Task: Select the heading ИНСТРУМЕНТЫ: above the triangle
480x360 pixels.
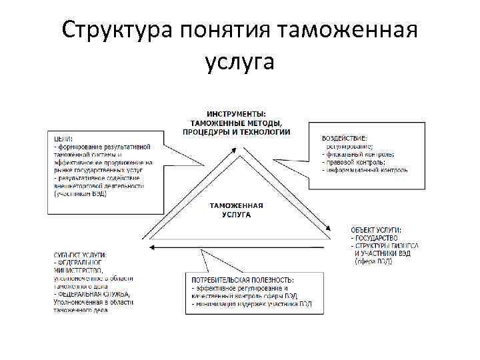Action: pyautogui.click(x=236, y=113)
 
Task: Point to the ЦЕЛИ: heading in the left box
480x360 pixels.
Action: pyautogui.click(x=64, y=138)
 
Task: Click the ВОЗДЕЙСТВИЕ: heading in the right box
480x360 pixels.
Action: pyautogui.click(x=345, y=137)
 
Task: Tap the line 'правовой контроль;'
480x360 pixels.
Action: pyautogui.click(x=355, y=162)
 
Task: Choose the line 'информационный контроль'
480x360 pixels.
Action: pyautogui.click(x=367, y=170)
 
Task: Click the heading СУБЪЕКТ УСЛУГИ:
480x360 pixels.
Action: pyautogui.click(x=80, y=255)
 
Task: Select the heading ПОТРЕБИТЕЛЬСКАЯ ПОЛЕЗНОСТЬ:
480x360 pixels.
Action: pyautogui.click(x=243, y=279)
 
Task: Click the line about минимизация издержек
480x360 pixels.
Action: pyautogui.click(x=251, y=304)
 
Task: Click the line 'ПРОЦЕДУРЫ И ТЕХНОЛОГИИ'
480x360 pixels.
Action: pyautogui.click(x=236, y=131)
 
